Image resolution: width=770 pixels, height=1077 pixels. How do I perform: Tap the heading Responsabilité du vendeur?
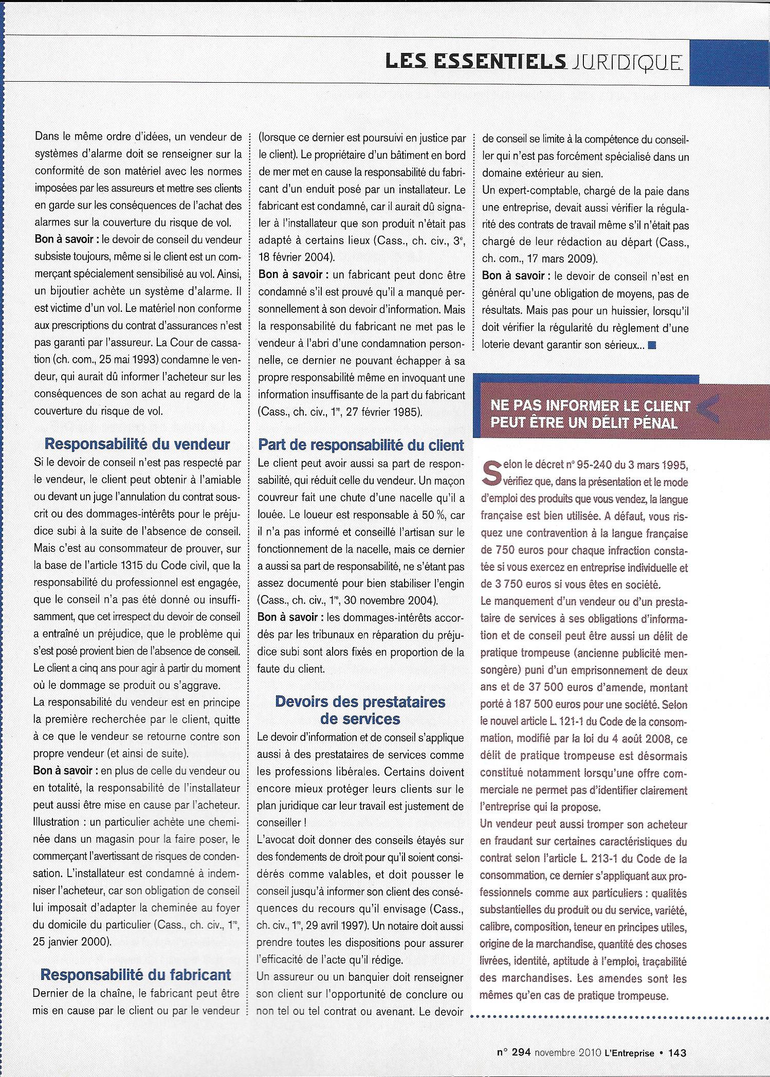coord(138,444)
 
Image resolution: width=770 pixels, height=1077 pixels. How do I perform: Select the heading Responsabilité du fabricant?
coord(136,975)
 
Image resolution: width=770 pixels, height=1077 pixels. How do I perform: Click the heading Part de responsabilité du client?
coord(361,445)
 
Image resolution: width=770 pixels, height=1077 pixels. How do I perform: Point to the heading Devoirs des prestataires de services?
coord(360,710)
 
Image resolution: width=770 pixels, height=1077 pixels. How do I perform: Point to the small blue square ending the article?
coord(652,345)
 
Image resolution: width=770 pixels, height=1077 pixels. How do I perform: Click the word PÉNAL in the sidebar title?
coord(650,422)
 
